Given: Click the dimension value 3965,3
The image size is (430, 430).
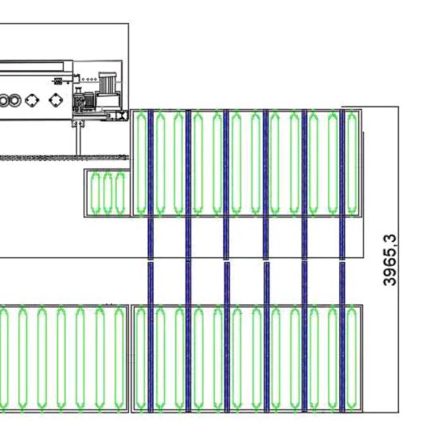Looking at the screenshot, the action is click(x=389, y=260).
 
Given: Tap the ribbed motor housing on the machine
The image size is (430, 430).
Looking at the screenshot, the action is click(x=107, y=82).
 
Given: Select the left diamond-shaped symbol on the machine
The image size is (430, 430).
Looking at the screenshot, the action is click(x=32, y=100).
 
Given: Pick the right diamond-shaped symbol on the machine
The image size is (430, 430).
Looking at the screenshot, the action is click(x=56, y=100).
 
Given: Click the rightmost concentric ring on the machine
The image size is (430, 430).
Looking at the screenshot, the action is click(x=15, y=100).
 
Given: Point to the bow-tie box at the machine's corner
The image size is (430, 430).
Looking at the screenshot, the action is click(x=122, y=115).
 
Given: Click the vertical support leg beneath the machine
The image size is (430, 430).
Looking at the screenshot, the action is click(x=79, y=140).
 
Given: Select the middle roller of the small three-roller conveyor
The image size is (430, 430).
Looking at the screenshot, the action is click(x=107, y=193).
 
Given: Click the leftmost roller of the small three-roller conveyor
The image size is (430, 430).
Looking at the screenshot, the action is click(x=96, y=193).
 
